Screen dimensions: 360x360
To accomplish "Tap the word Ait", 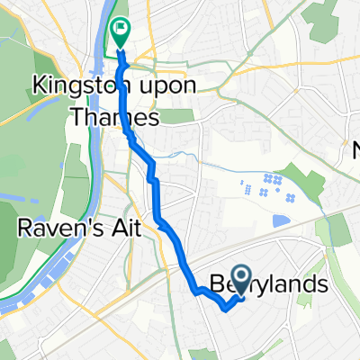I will pyautogui.click(x=125, y=229).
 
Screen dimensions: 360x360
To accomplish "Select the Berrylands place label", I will pyautogui.click(x=268, y=284).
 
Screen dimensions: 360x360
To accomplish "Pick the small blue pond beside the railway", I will pyautogui.click(x=280, y=220).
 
